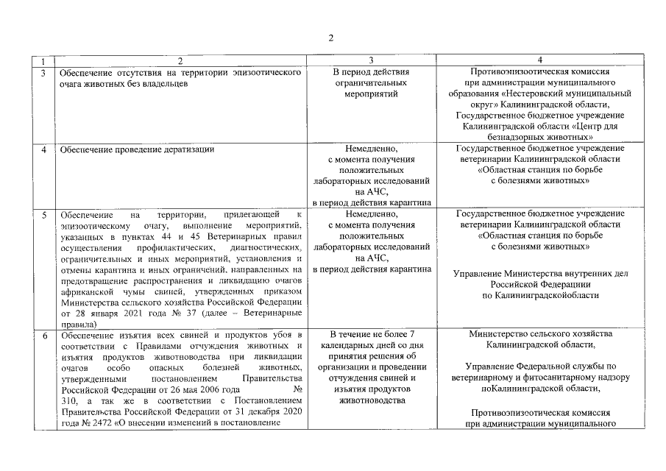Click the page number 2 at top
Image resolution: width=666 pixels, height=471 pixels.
(331, 37)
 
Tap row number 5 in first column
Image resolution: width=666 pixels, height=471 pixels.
(44, 214)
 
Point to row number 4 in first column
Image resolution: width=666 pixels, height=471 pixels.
(44, 149)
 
